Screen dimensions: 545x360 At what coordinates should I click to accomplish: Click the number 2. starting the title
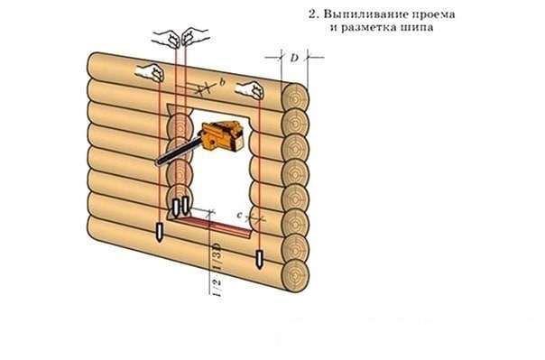click(314, 14)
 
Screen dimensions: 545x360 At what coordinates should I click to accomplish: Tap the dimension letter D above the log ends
click(294, 58)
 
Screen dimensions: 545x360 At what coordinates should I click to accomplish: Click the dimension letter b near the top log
click(222, 82)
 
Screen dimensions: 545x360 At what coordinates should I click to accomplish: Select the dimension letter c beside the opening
click(239, 216)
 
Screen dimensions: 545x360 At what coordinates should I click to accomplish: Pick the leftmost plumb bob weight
click(159, 233)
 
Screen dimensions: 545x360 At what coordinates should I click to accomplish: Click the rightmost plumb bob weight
click(259, 259)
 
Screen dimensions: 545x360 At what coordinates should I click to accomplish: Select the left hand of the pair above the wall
click(168, 38)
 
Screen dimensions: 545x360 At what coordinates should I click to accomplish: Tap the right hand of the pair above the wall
click(194, 36)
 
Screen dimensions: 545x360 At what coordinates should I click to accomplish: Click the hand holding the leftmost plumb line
click(150, 72)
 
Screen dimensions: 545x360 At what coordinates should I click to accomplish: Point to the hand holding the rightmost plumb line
click(250, 90)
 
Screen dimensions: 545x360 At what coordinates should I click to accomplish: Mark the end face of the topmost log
click(295, 98)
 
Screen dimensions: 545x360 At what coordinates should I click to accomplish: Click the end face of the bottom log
click(295, 275)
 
